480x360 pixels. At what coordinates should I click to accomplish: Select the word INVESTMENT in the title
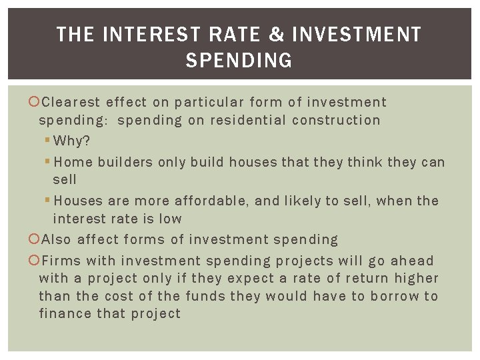click(x=356, y=35)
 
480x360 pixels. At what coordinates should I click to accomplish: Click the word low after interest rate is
click(x=169, y=219)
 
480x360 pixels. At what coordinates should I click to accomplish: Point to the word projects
click(x=304, y=261)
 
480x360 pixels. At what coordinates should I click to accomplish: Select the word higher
click(x=416, y=278)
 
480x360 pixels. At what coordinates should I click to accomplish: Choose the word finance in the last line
click(x=62, y=313)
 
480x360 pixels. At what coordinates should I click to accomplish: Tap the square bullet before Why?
click(x=47, y=141)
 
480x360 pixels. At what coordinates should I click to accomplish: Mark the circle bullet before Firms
click(x=34, y=261)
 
